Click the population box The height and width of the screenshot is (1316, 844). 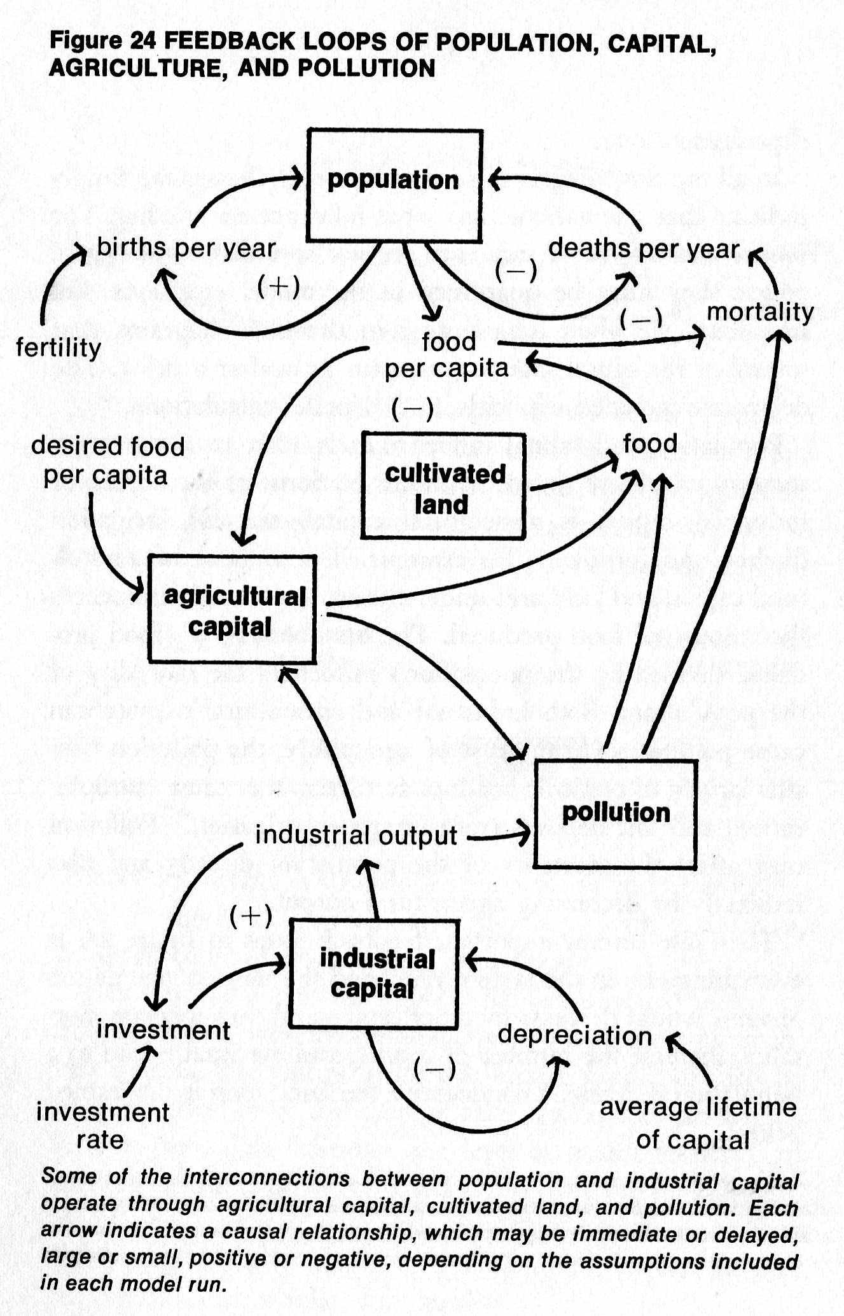(394, 185)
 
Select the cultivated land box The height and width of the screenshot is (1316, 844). (443, 487)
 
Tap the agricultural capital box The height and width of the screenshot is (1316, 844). (232, 609)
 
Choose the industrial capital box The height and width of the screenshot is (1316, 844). (374, 974)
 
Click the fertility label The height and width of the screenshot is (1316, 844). (59, 348)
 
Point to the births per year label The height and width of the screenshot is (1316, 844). (186, 248)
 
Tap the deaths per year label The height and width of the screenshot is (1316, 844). (644, 248)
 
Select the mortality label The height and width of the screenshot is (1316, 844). (760, 312)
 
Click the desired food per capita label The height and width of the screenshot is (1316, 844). (107, 460)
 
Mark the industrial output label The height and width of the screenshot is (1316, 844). (356, 836)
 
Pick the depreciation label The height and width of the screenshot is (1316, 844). (574, 1035)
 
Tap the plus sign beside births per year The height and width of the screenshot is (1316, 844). (279, 286)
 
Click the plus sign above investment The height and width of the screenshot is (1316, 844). (251, 916)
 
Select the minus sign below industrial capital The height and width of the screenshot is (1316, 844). (434, 1068)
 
